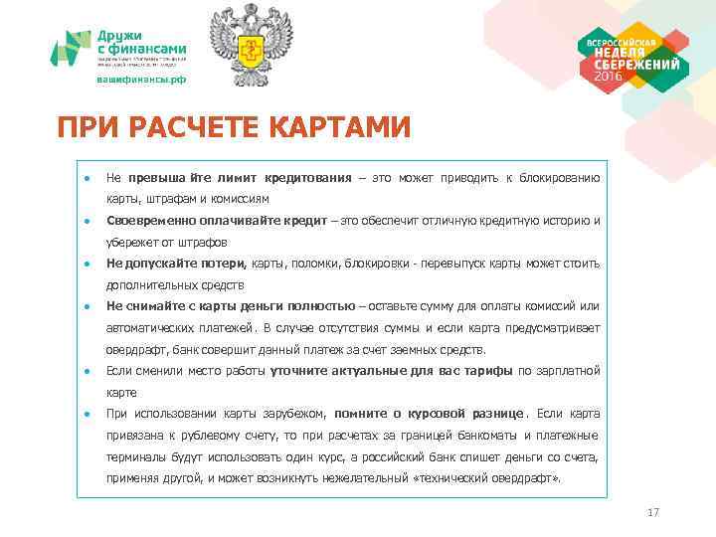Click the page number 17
(653, 512)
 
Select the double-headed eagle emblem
(252, 45)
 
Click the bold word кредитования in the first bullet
(310, 178)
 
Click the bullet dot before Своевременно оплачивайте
(88, 221)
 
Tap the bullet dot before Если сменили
(88, 371)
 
